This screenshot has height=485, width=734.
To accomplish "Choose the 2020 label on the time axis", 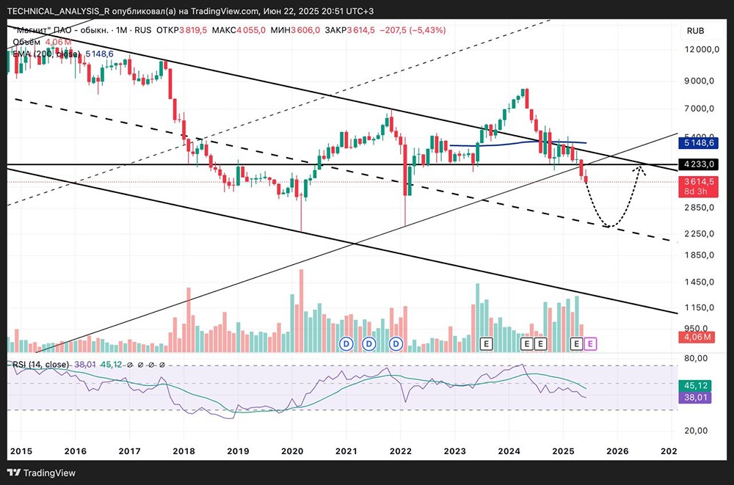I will (292, 450).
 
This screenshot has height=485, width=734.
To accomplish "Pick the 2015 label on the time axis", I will (22, 450).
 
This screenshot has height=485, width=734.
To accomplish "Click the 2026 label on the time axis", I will (617, 450).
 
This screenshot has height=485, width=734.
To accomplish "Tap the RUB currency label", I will (695, 31).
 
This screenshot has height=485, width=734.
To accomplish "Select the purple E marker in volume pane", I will (592, 343).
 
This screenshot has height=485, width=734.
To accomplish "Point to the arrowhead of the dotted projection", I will (640, 169).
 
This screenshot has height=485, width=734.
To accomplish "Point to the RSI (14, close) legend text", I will (40, 364).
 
